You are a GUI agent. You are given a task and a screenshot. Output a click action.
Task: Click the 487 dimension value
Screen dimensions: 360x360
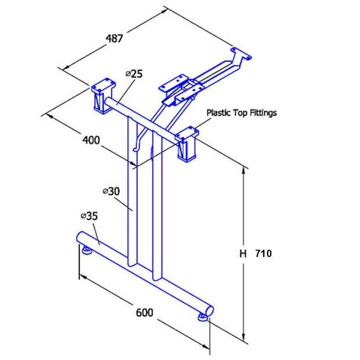tap(114, 38)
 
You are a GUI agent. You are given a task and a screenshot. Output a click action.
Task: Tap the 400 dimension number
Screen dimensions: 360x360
tap(91, 140)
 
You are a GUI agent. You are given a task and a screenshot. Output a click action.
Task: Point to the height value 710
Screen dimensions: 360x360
tap(263, 254)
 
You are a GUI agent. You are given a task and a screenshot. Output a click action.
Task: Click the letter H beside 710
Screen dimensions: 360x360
tap(243, 254)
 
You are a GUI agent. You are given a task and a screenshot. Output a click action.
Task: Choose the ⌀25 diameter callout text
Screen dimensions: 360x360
tap(134, 74)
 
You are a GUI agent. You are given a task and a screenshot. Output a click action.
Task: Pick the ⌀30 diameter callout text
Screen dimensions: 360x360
tap(111, 191)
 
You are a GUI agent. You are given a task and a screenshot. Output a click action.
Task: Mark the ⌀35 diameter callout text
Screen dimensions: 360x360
tap(89, 216)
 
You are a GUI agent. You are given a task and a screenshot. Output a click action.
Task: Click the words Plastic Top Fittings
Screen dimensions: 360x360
tap(241, 112)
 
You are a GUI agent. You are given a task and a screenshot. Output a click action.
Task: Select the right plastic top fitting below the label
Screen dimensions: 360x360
tap(187, 144)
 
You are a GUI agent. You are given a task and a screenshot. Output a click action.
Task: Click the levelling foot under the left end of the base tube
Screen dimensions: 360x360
tap(87, 250)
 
